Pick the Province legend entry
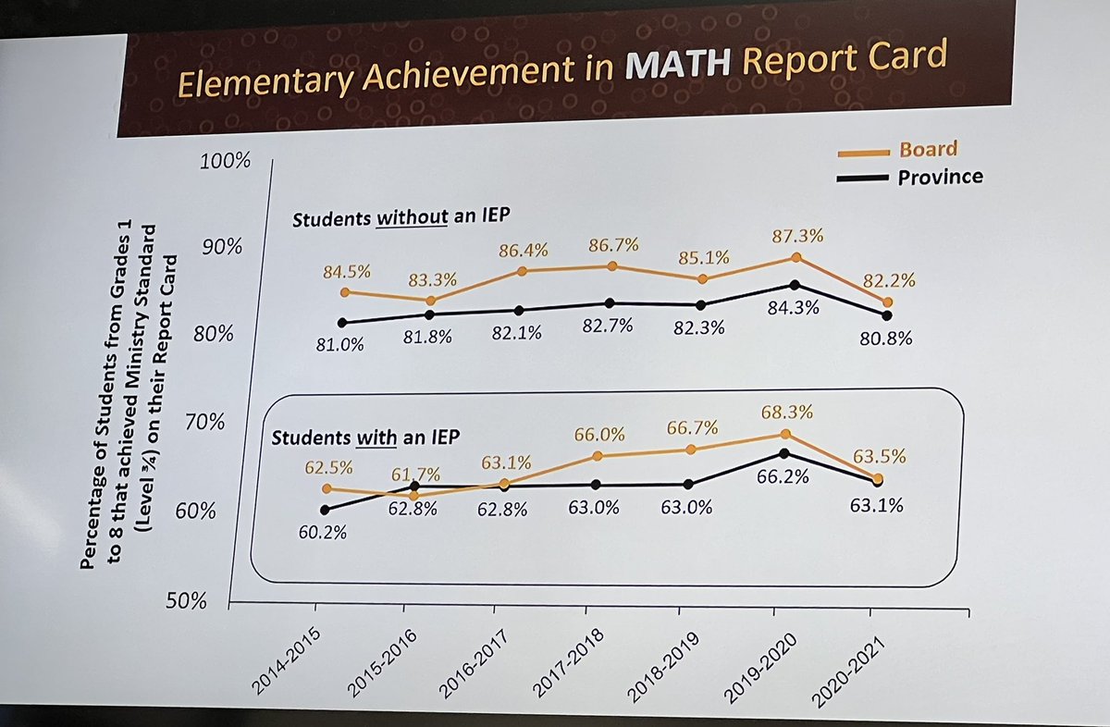point(940,177)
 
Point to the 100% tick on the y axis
point(226,161)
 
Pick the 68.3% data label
point(787,409)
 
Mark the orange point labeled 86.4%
point(522,271)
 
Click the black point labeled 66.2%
point(784,453)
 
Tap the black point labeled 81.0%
point(342,323)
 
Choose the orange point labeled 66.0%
point(597,456)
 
